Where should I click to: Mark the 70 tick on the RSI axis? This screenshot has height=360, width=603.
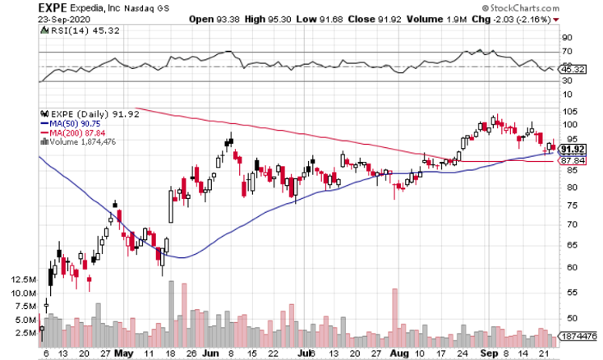point(567,52)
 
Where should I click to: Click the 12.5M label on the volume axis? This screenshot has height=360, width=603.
point(24,279)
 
